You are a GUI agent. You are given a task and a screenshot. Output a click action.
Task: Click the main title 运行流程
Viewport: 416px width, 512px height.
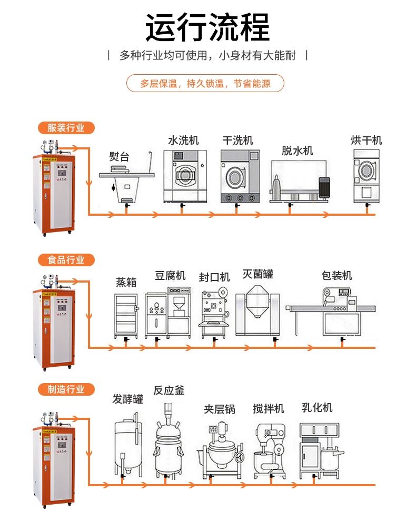coord(207,27)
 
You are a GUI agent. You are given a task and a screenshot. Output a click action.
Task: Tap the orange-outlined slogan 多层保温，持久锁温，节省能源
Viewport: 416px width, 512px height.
coord(205,84)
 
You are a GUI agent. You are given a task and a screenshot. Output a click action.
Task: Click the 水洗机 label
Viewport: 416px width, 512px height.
coord(183,140)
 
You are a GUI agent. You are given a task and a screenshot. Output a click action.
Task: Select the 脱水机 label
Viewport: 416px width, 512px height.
coord(297,151)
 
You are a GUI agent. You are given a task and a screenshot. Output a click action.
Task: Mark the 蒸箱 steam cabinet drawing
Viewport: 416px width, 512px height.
coord(126,315)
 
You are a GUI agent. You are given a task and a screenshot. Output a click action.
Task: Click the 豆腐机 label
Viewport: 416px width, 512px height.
coord(170,276)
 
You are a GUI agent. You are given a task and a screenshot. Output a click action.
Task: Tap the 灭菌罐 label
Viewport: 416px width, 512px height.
coord(257,274)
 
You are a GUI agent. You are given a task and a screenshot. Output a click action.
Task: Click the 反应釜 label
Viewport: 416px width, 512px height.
coord(169,390)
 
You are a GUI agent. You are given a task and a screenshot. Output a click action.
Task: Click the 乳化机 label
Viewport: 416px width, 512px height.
coord(317,408)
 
